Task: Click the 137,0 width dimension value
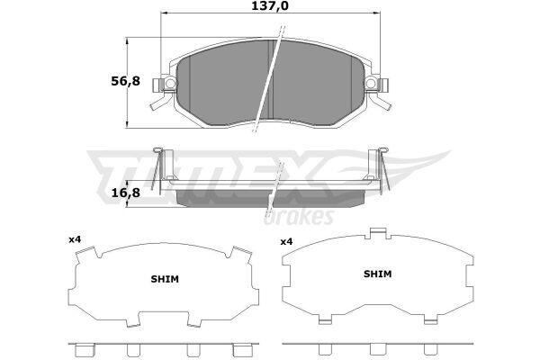point(270,6)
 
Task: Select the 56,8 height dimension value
point(126,81)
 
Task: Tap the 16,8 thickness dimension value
point(126,193)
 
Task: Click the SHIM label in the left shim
point(165,279)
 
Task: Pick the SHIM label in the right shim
point(378,274)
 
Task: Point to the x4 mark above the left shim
point(75,239)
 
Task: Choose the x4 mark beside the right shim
point(286,242)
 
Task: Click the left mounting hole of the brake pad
point(169,83)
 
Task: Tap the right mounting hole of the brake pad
point(371,83)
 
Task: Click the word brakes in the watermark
point(299,217)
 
